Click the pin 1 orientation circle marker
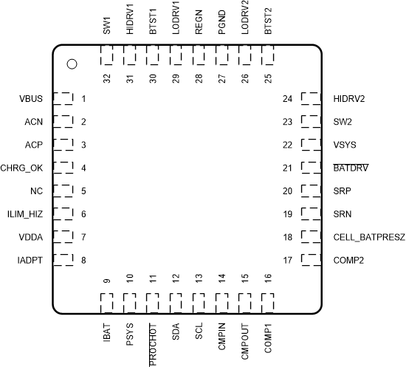pyautogui.click(x=72, y=64)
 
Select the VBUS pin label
pyautogui.click(x=31, y=99)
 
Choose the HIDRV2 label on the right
pyautogui.click(x=350, y=99)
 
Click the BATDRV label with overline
pyautogui.click(x=351, y=168)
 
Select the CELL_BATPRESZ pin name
pyautogui.click(x=365, y=237)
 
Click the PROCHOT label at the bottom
pyautogui.click(x=153, y=343)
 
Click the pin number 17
pyautogui.click(x=287, y=261)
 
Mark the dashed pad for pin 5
pyautogui.click(x=64, y=191)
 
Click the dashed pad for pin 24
pyautogui.click(x=310, y=99)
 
